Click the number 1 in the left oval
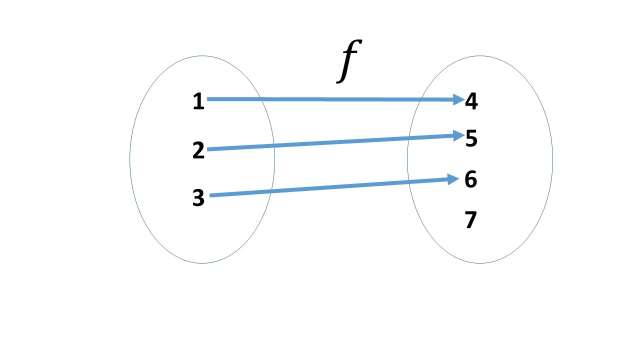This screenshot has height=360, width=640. [198, 102]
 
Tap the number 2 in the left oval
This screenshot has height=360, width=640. [198, 150]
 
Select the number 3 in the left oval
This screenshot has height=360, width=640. [198, 198]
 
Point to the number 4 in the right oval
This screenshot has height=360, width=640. [471, 101]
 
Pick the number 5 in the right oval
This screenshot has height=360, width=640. [471, 138]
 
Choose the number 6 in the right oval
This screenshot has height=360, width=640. [470, 179]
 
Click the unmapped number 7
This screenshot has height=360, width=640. [470, 220]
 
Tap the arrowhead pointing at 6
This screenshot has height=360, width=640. [453, 179]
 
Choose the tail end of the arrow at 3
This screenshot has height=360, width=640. [211, 195]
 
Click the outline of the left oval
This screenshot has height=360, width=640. [130, 159]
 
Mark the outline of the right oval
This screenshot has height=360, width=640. [552, 159]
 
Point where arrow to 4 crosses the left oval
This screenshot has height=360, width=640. [260, 99]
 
